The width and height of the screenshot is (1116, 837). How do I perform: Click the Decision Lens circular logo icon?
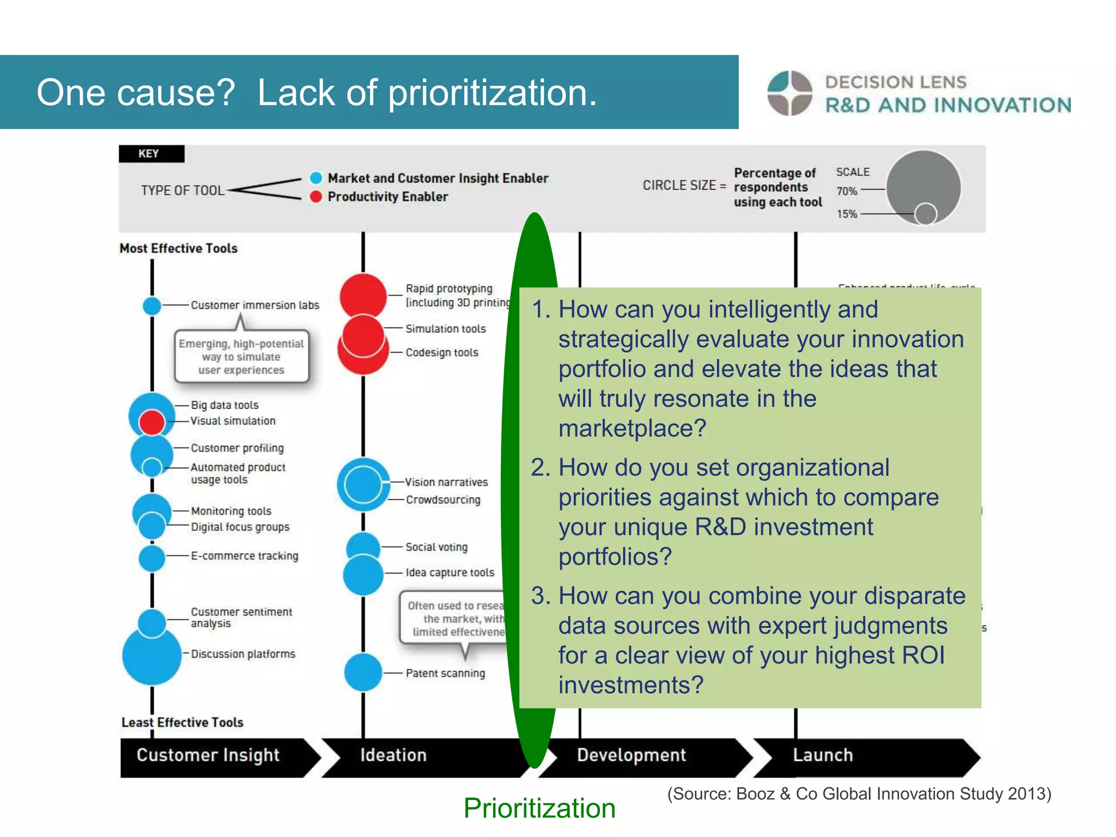(x=790, y=93)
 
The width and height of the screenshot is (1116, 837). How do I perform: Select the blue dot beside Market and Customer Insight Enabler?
(x=316, y=178)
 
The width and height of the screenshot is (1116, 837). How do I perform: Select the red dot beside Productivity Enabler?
(x=316, y=197)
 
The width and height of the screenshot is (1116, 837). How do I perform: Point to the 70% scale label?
(x=847, y=191)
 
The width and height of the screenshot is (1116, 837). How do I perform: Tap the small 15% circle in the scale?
(x=925, y=214)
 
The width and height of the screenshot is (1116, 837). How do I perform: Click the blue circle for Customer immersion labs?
(x=152, y=306)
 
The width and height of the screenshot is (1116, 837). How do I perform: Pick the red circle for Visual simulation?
(x=152, y=422)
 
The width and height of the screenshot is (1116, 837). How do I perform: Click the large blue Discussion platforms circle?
(x=152, y=656)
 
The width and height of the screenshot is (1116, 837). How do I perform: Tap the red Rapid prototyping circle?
(x=363, y=295)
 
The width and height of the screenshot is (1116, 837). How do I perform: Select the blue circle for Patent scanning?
(x=363, y=672)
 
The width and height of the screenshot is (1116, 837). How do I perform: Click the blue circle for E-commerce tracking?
(x=152, y=557)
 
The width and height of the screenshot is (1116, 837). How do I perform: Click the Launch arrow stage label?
(x=823, y=755)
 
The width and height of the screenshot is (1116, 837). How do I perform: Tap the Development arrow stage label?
(x=631, y=755)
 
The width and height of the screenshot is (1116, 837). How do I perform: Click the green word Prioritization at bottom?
(x=539, y=808)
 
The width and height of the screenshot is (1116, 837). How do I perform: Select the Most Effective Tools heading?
(x=179, y=248)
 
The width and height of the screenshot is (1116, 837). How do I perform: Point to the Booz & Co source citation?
(x=859, y=794)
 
